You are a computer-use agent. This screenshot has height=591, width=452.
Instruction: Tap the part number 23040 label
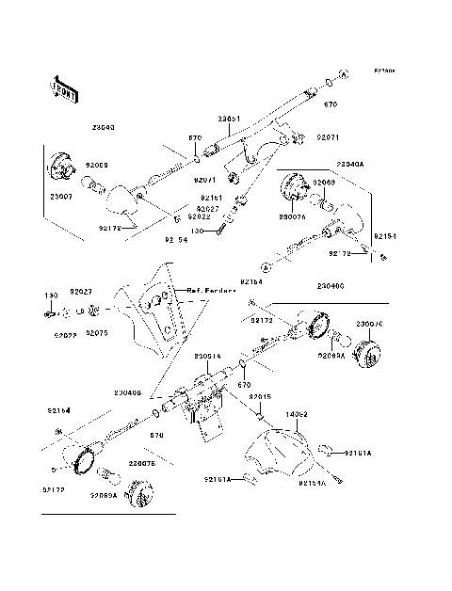pyautogui.click(x=104, y=127)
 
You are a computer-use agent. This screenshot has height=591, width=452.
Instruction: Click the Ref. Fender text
pyautogui.click(x=208, y=291)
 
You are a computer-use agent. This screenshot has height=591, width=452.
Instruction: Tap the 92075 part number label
pyautogui.click(x=98, y=333)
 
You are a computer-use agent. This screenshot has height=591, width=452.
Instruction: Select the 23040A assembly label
pyautogui.click(x=350, y=163)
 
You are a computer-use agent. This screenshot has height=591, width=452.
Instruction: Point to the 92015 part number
pyautogui.click(x=261, y=396)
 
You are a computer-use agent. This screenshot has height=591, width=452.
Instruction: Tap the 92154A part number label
pyautogui.click(x=313, y=483)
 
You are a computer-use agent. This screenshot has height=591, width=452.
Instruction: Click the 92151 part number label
pyautogui.click(x=209, y=198)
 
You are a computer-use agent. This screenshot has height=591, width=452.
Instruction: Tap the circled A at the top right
pyautogui.click(x=344, y=72)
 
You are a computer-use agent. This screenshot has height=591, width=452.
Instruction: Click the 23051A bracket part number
pyautogui.click(x=208, y=356)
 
